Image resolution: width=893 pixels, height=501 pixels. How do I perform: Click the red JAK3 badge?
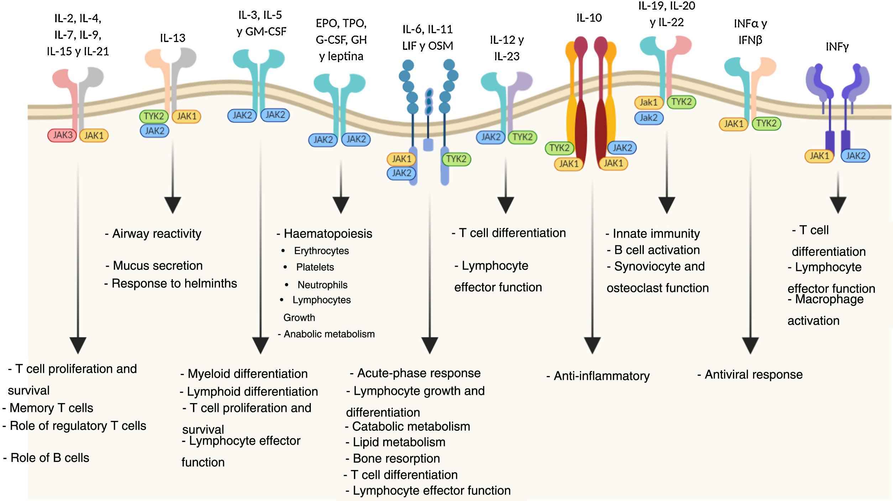62,135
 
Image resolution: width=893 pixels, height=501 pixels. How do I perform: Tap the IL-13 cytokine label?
173,38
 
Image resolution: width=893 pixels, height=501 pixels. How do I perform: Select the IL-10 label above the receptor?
589,18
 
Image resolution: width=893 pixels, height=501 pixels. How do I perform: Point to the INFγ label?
837,47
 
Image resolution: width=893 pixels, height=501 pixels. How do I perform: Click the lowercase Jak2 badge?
649,118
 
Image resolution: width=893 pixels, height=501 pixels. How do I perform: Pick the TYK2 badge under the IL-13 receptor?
154,116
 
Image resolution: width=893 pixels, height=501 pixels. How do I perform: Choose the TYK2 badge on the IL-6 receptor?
456,159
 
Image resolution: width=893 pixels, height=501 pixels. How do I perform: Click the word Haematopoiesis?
328,234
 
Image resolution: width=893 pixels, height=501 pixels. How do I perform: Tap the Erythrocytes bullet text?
321,251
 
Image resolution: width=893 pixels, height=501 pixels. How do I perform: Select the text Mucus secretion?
157,266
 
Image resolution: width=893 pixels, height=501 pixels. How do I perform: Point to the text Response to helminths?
174,283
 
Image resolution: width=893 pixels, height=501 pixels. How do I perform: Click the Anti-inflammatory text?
601,376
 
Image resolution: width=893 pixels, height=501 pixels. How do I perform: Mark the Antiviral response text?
753,375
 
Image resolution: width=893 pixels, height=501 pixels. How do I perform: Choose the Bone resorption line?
396,459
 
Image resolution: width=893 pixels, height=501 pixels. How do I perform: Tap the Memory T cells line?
51,408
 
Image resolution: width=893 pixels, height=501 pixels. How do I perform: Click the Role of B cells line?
49,458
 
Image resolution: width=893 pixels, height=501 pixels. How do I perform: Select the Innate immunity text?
656,234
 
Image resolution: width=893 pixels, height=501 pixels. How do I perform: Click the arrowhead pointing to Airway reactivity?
173,205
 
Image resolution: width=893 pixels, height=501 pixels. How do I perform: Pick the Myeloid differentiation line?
247,374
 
